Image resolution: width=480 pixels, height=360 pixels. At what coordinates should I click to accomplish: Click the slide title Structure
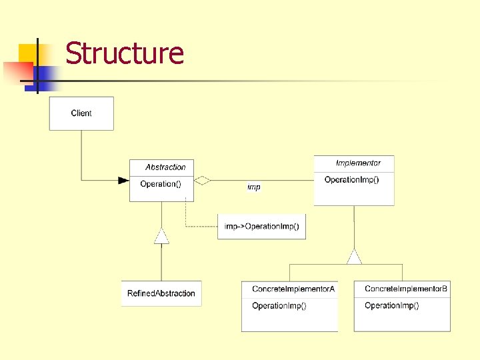point(125,53)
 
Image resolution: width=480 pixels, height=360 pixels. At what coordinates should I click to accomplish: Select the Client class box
point(81,113)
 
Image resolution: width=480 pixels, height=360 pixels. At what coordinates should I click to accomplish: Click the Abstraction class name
point(165,167)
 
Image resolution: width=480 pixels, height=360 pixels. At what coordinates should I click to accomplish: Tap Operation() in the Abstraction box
point(160,184)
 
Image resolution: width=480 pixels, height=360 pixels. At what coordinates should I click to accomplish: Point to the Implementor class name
point(358,163)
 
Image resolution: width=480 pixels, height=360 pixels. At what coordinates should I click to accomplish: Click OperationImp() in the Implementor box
point(351,180)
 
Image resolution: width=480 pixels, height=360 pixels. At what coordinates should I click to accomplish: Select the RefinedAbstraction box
point(161,293)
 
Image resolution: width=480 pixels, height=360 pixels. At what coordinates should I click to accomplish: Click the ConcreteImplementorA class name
point(293,289)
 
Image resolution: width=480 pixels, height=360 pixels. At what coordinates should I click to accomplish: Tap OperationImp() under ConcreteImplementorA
point(279,306)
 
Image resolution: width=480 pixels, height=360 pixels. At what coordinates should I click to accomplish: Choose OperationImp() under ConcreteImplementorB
point(391,306)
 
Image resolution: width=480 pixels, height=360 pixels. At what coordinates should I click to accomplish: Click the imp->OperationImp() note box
point(261,227)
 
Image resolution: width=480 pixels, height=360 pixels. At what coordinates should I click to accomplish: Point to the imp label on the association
point(254,187)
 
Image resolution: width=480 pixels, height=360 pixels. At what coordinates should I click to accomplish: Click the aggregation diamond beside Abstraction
point(202,180)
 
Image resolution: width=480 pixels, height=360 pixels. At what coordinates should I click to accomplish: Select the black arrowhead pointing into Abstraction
point(123,180)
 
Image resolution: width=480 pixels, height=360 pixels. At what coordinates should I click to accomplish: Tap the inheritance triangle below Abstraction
point(161,236)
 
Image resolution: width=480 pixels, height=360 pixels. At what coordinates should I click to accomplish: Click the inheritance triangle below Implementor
point(354,257)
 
